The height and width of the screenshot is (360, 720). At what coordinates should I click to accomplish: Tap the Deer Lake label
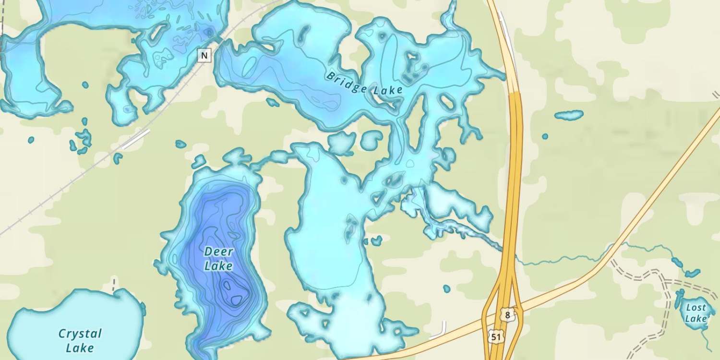click(x=218, y=258)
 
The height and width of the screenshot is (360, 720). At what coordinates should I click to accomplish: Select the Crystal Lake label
click(x=80, y=340)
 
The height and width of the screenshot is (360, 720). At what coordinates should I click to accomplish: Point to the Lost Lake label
click(x=696, y=312)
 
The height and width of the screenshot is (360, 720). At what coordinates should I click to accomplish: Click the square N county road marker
click(x=204, y=56)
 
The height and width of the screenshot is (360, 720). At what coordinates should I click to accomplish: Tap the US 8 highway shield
click(x=507, y=315)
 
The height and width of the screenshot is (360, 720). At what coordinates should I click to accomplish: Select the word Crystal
click(x=80, y=334)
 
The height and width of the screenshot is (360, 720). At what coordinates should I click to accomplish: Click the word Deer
click(x=218, y=252)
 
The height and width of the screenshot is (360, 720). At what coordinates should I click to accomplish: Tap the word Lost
click(x=696, y=307)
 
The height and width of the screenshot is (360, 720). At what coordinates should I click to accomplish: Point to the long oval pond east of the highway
click(x=569, y=115)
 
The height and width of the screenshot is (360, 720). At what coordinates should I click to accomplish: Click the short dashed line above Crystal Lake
click(x=114, y=285)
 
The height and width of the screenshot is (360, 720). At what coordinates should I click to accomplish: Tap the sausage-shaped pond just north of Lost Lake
click(x=692, y=273)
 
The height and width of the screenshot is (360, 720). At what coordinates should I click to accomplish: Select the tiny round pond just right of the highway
click(x=545, y=136)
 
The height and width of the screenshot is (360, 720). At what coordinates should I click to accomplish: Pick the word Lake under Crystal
click(x=80, y=348)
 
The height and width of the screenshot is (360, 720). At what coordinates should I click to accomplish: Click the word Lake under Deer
click(x=218, y=265)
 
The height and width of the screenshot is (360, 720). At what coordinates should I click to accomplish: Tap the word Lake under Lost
click(x=696, y=318)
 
